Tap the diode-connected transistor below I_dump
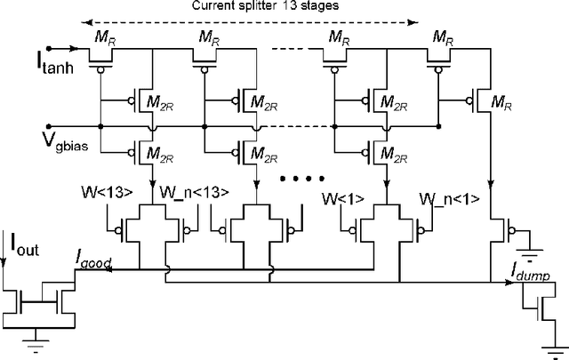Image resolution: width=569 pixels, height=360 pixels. tap(544, 308)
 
